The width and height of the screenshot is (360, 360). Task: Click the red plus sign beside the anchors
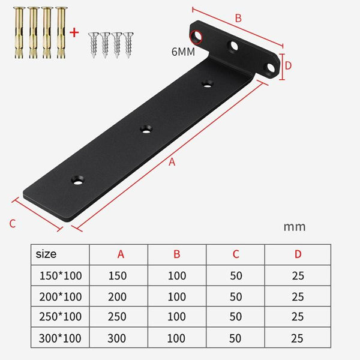coord(74,32)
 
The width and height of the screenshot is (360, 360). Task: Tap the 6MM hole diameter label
coord(182,52)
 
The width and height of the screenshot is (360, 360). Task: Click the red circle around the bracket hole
coord(196,36)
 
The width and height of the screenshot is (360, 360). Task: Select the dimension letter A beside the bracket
coord(173,162)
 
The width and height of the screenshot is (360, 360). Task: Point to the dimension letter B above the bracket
coord(238,19)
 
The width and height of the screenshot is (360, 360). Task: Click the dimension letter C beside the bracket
coord(12,224)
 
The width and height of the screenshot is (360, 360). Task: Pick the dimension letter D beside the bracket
coord(287,65)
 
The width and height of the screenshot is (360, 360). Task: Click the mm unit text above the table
coord(294,227)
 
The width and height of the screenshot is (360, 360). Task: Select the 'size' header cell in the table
coord(46,254)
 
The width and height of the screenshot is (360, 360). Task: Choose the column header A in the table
coord(121,254)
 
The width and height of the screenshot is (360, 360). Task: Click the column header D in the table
coord(298,254)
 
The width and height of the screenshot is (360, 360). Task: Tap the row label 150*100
coord(59,276)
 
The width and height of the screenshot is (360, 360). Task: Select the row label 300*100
coord(59,337)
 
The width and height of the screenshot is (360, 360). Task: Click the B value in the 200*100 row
coord(176,296)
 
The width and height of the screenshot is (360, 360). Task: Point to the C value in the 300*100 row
coord(236,337)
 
